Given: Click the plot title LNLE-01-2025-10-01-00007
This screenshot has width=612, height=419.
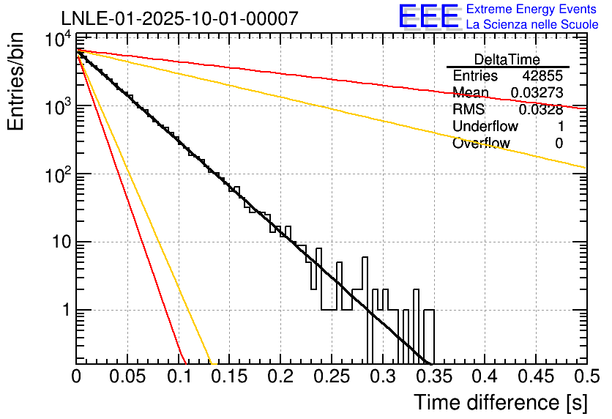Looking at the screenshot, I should pyautogui.click(x=179, y=18).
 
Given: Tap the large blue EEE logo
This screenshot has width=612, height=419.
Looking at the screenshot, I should pyautogui.click(x=428, y=17).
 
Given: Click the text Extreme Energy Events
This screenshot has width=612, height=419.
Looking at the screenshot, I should pyautogui.click(x=531, y=10).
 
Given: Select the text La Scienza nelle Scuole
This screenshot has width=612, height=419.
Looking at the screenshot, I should pyautogui.click(x=531, y=24).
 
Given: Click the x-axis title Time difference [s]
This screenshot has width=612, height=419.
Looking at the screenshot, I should pyautogui.click(x=499, y=402).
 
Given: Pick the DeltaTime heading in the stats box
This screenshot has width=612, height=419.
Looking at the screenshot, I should pyautogui.click(x=507, y=59).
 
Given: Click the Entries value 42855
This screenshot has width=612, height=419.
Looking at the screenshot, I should pyautogui.click(x=542, y=76).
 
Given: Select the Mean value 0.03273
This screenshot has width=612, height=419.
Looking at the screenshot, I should pyautogui.click(x=537, y=93).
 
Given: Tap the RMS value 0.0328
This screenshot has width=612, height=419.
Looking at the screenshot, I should pyautogui.click(x=541, y=110).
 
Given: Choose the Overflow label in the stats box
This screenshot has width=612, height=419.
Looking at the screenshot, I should pyautogui.click(x=481, y=144).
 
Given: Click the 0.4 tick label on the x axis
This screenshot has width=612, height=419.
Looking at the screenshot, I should pyautogui.click(x=483, y=377).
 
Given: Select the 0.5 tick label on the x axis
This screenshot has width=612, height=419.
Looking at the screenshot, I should pyautogui.click(x=586, y=377).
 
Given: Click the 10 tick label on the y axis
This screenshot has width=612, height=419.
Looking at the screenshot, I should pyautogui.click(x=59, y=242).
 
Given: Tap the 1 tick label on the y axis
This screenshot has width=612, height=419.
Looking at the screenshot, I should pyautogui.click(x=64, y=311).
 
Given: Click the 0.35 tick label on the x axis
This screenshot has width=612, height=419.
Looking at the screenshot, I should pyautogui.click(x=433, y=377).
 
